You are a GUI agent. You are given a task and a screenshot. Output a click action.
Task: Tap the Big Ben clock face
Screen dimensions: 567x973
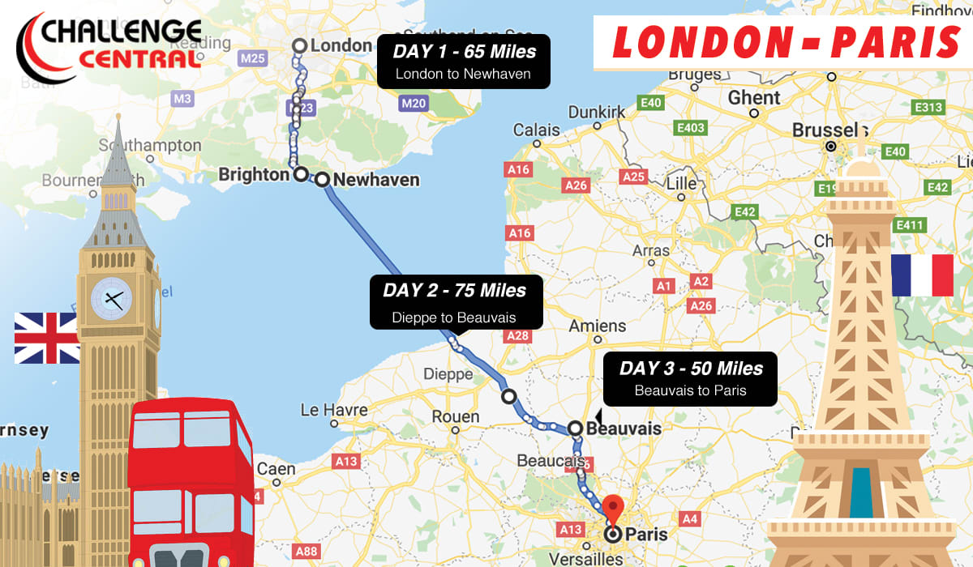click(111, 299)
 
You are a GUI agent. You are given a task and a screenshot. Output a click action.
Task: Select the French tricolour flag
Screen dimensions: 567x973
click(922, 275)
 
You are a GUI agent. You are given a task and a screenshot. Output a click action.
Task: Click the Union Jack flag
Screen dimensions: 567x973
click(46, 338)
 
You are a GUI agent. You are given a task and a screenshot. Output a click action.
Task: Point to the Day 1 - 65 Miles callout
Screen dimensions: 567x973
click(464, 62)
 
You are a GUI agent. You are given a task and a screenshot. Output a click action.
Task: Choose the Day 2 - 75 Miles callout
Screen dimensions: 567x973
click(453, 302)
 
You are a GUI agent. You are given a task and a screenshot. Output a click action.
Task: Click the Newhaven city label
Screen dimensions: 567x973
click(376, 180)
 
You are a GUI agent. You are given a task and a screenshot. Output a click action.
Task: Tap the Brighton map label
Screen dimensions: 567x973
click(254, 175)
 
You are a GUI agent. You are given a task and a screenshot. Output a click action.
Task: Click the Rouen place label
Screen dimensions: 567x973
click(456, 416)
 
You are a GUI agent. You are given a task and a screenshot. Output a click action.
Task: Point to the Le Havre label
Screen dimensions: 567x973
click(334, 410)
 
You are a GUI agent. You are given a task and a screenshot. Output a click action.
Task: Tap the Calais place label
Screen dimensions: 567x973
click(536, 130)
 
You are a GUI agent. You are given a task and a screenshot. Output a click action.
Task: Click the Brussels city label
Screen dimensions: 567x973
click(824, 130)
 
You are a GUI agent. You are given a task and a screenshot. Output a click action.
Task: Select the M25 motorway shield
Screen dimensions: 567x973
click(253, 58)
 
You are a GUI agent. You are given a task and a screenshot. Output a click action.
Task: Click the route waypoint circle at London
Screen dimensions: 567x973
click(299, 46)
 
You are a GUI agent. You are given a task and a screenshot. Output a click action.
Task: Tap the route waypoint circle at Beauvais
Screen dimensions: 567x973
click(575, 428)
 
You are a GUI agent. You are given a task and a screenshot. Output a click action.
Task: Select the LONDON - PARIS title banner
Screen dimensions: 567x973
click(782, 42)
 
